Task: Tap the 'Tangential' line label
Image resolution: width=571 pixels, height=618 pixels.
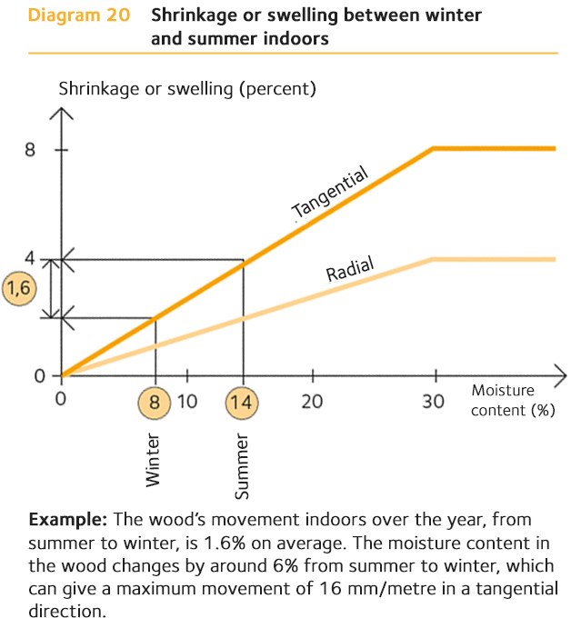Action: pyautogui.click(x=330, y=194)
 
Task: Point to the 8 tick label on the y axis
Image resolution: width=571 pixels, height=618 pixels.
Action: pyautogui.click(x=29, y=150)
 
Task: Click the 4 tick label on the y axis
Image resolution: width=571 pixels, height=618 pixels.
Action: pyautogui.click(x=29, y=258)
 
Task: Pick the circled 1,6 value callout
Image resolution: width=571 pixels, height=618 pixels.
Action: pyautogui.click(x=19, y=289)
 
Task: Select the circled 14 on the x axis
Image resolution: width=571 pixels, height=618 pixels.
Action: pyautogui.click(x=243, y=401)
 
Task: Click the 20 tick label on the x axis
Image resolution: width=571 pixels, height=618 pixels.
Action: pyautogui.click(x=312, y=401)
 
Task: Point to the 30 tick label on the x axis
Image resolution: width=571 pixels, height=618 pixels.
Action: pyautogui.click(x=435, y=401)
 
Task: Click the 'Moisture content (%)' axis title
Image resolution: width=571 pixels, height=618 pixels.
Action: pyautogui.click(x=513, y=400)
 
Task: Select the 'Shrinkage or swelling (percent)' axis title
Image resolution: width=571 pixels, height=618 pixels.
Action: pyautogui.click(x=186, y=89)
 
